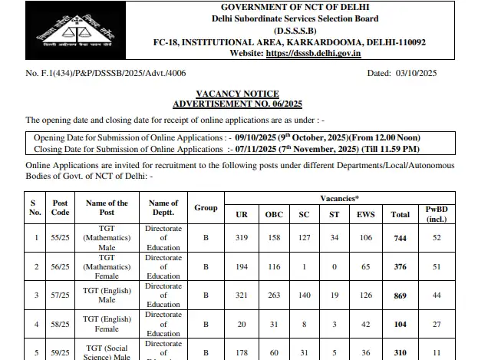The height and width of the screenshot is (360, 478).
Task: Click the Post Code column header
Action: (61, 208)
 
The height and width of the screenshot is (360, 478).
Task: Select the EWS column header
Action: (366, 214)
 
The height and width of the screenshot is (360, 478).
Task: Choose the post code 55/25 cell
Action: (61, 239)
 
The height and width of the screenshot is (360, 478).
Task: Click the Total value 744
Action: (400, 239)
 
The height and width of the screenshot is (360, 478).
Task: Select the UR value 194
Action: (242, 266)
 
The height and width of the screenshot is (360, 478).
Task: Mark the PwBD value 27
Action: (437, 323)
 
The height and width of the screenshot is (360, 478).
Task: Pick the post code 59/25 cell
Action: (61, 352)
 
